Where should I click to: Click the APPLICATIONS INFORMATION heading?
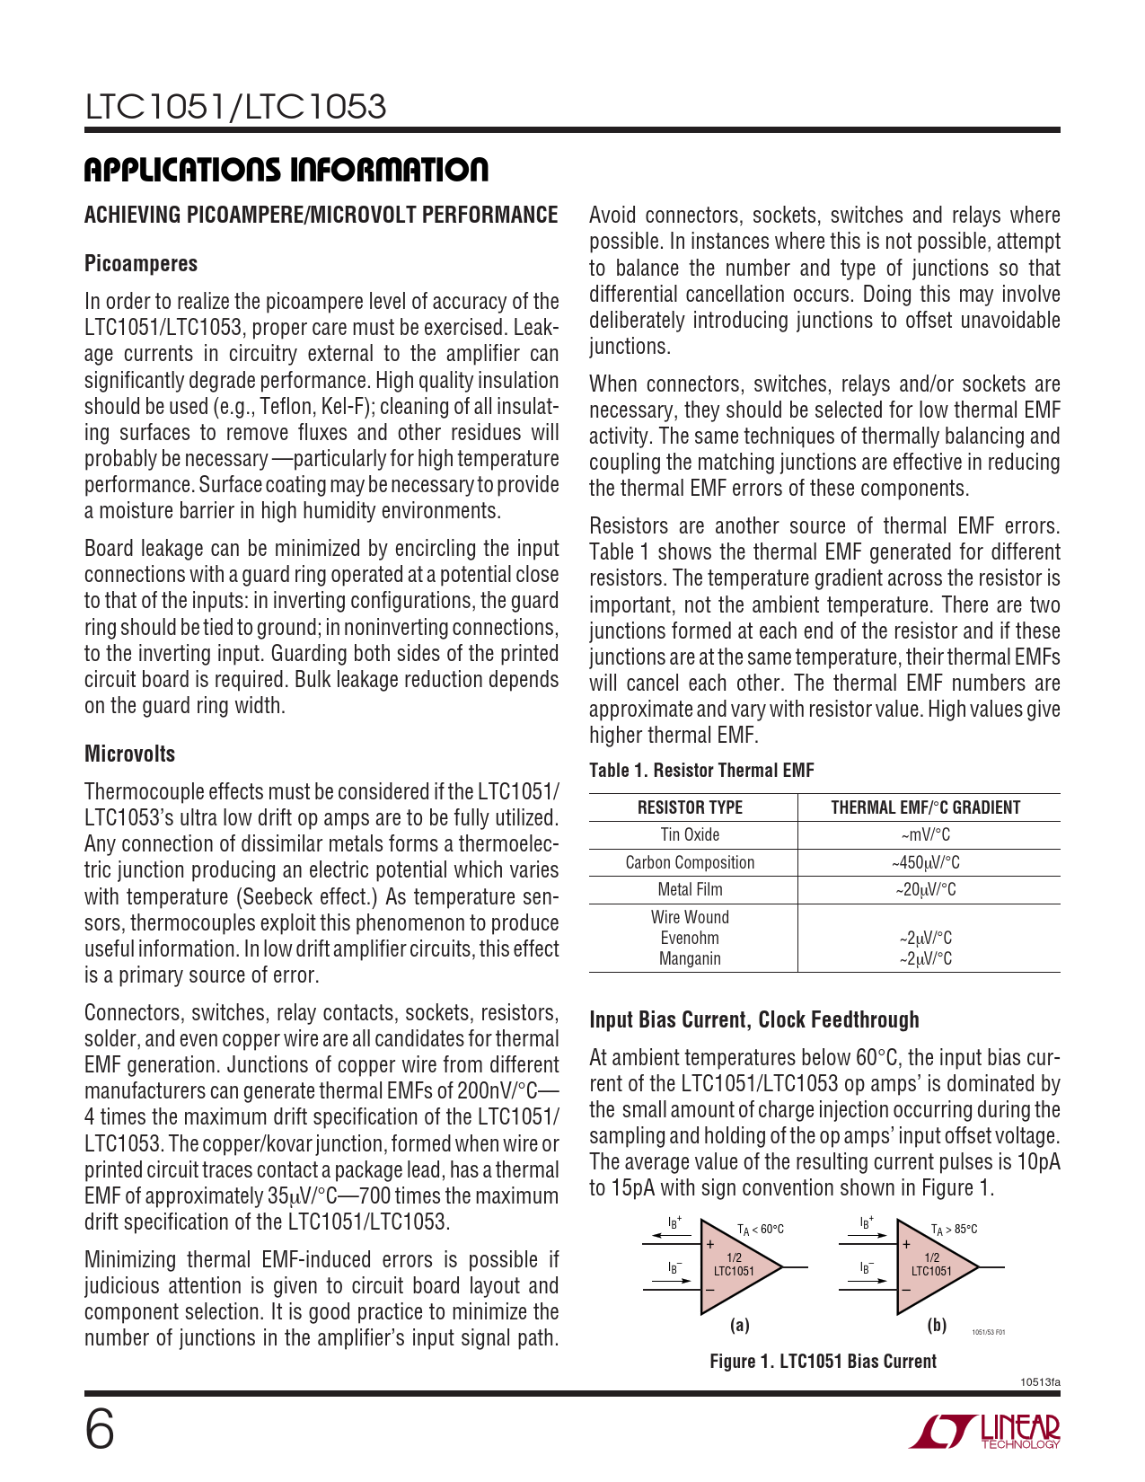click(x=286, y=170)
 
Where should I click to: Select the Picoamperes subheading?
click(x=141, y=264)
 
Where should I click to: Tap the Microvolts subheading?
click(x=129, y=754)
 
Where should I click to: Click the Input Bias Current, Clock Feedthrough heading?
click(x=754, y=1020)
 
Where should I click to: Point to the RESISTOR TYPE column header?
click(x=690, y=807)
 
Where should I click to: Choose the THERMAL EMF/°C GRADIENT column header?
click(x=926, y=807)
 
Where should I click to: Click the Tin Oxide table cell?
click(x=690, y=835)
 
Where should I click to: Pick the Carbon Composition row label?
click(x=690, y=863)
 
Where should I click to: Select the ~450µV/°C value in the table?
click(x=926, y=863)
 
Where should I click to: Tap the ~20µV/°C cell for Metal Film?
click(x=926, y=890)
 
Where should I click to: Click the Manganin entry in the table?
click(x=690, y=959)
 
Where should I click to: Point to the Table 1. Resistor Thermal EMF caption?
click(x=701, y=771)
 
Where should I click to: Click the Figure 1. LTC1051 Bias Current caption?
click(x=823, y=1362)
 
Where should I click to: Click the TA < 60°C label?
click(x=761, y=1230)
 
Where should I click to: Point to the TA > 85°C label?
click(x=955, y=1230)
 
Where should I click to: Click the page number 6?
click(x=100, y=1430)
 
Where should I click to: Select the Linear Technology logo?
click(x=985, y=1432)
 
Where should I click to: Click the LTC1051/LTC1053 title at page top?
click(x=235, y=107)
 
